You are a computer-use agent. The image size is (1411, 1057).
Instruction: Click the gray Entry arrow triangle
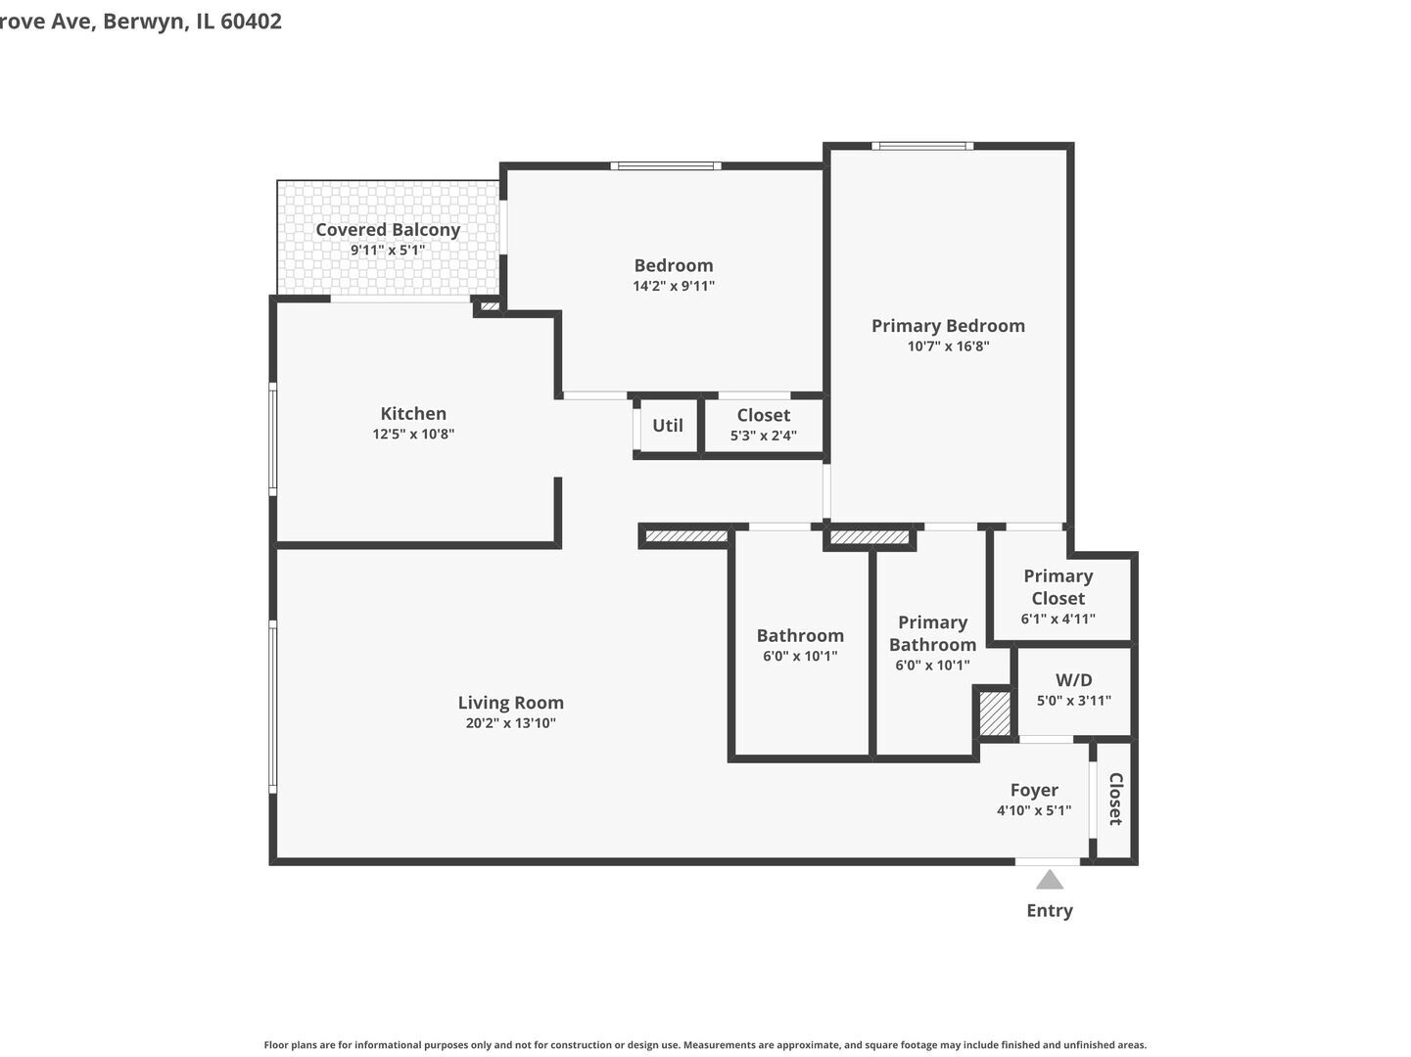click(1049, 880)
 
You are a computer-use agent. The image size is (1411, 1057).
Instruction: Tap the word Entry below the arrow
click(1049, 910)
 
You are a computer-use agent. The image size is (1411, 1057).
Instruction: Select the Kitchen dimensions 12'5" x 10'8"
click(413, 435)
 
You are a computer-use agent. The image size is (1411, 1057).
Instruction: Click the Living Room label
click(510, 703)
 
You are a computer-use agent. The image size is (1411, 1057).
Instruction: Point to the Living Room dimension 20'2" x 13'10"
click(510, 724)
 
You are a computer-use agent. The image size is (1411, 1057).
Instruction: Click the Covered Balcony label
click(388, 230)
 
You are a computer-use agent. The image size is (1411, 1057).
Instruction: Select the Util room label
click(668, 426)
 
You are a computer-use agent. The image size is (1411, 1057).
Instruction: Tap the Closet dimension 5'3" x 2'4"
click(763, 436)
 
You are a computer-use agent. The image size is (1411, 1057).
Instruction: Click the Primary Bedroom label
click(948, 326)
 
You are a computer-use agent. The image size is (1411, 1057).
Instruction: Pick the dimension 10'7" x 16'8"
click(948, 346)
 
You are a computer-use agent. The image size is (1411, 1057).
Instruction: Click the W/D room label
click(1073, 680)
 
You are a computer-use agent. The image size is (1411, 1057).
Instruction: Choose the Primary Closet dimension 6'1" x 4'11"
click(1058, 619)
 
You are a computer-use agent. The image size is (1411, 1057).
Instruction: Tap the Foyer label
click(1034, 790)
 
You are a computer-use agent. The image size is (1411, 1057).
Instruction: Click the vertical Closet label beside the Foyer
click(1115, 799)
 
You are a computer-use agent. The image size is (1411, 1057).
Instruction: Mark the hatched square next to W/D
click(995, 713)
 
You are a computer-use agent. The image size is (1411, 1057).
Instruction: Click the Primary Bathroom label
click(932, 633)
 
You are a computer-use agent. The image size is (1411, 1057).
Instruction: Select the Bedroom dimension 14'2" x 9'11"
click(674, 287)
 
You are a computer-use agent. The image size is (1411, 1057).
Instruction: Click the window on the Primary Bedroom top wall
click(922, 147)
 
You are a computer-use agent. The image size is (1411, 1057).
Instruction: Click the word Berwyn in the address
click(145, 21)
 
